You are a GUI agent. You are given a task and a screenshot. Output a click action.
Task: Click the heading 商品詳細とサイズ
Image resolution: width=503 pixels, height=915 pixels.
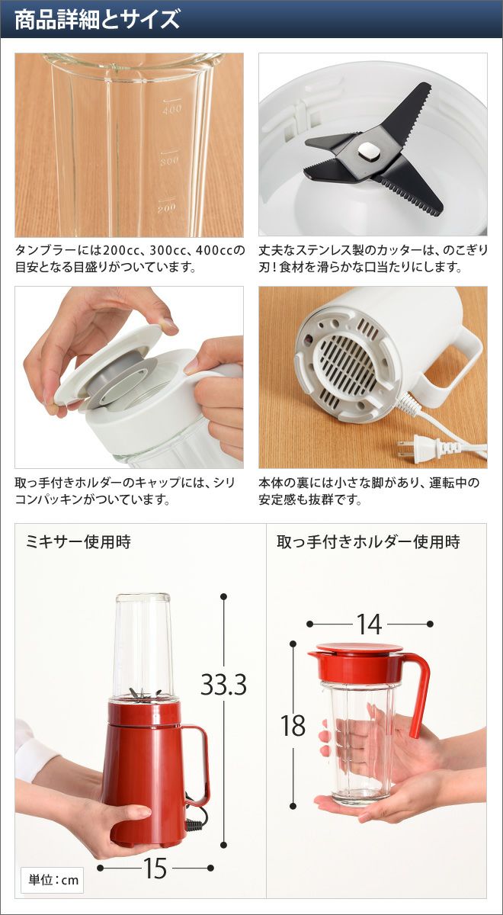point(97,20)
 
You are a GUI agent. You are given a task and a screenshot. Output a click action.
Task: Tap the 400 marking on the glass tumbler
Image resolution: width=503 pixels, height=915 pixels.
point(172,109)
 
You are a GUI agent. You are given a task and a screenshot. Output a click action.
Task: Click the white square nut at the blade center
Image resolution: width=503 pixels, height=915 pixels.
point(369,152)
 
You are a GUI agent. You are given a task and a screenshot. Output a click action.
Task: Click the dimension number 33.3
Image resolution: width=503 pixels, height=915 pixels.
point(224,685)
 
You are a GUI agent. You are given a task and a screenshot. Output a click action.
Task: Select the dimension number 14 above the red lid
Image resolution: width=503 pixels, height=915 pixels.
point(370,624)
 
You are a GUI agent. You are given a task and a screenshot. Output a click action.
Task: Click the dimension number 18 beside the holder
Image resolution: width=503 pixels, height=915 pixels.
point(293,726)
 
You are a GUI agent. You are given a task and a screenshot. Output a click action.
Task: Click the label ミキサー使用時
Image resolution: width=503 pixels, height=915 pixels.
point(78,542)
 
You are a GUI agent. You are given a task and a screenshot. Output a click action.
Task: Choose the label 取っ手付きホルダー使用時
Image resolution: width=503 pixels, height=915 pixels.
point(368,542)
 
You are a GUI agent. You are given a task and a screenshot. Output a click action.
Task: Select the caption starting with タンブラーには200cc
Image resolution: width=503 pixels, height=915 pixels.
point(130,258)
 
